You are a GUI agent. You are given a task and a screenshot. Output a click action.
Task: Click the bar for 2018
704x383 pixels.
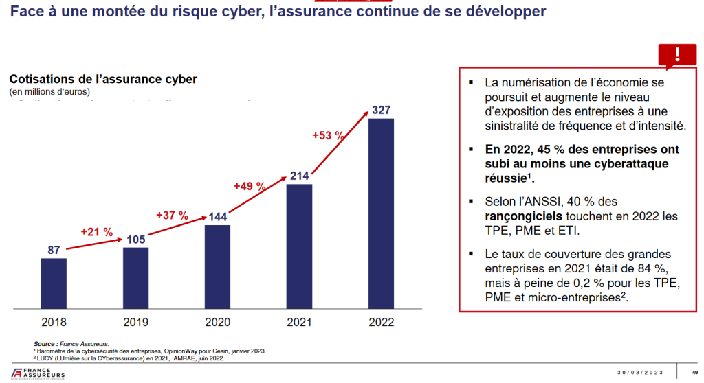coord(54,283)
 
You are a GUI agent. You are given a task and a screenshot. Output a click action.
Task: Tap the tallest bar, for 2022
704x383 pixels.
coord(382,213)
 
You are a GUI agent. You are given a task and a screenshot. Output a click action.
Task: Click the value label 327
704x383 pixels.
coord(382,110)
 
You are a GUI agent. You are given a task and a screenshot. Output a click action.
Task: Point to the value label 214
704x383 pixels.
coord(299,176)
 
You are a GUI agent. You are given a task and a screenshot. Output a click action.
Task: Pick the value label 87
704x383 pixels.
coord(54,250)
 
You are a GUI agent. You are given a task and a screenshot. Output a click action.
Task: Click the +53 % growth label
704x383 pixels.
coord(328,135)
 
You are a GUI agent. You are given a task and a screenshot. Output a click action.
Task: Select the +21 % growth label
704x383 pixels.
coord(96,232)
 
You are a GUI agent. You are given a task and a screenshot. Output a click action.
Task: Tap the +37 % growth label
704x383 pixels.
coord(172,216)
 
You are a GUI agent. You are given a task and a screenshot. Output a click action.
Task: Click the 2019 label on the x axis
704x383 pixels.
coord(135,321)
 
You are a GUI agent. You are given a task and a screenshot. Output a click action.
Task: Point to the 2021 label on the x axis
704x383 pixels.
coord(299,321)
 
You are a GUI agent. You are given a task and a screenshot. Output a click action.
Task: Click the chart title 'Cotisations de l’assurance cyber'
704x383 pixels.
coord(102,79)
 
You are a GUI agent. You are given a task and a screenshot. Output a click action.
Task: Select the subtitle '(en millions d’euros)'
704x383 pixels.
coord(49,92)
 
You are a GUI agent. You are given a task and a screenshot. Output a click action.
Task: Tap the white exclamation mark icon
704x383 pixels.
coord(677,55)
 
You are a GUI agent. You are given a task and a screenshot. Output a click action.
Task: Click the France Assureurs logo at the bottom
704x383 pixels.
coord(34,373)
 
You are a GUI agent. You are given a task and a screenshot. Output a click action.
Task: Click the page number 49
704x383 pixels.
coord(694,373)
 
